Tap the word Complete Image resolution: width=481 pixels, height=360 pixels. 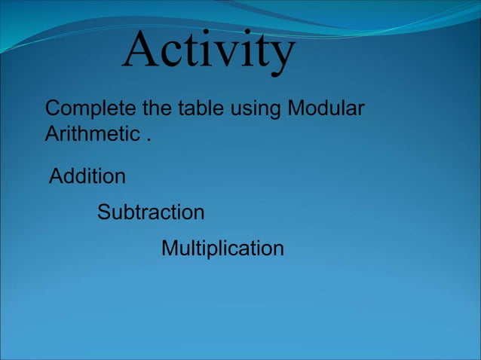(x=91, y=108)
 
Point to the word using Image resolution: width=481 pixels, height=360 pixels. (x=255, y=110)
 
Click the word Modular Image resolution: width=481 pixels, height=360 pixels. (x=326, y=108)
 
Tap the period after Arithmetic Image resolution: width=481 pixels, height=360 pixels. (x=149, y=140)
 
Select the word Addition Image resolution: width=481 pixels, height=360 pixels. (x=87, y=176)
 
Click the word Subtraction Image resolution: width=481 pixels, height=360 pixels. (x=151, y=212)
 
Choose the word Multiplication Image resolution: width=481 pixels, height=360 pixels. (x=222, y=248)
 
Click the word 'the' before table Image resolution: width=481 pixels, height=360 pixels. (x=157, y=108)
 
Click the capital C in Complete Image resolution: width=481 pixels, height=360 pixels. (x=53, y=108)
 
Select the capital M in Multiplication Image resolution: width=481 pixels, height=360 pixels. (x=170, y=248)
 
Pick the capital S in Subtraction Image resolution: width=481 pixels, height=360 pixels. (x=104, y=212)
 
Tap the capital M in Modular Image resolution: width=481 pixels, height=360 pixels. (x=295, y=108)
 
